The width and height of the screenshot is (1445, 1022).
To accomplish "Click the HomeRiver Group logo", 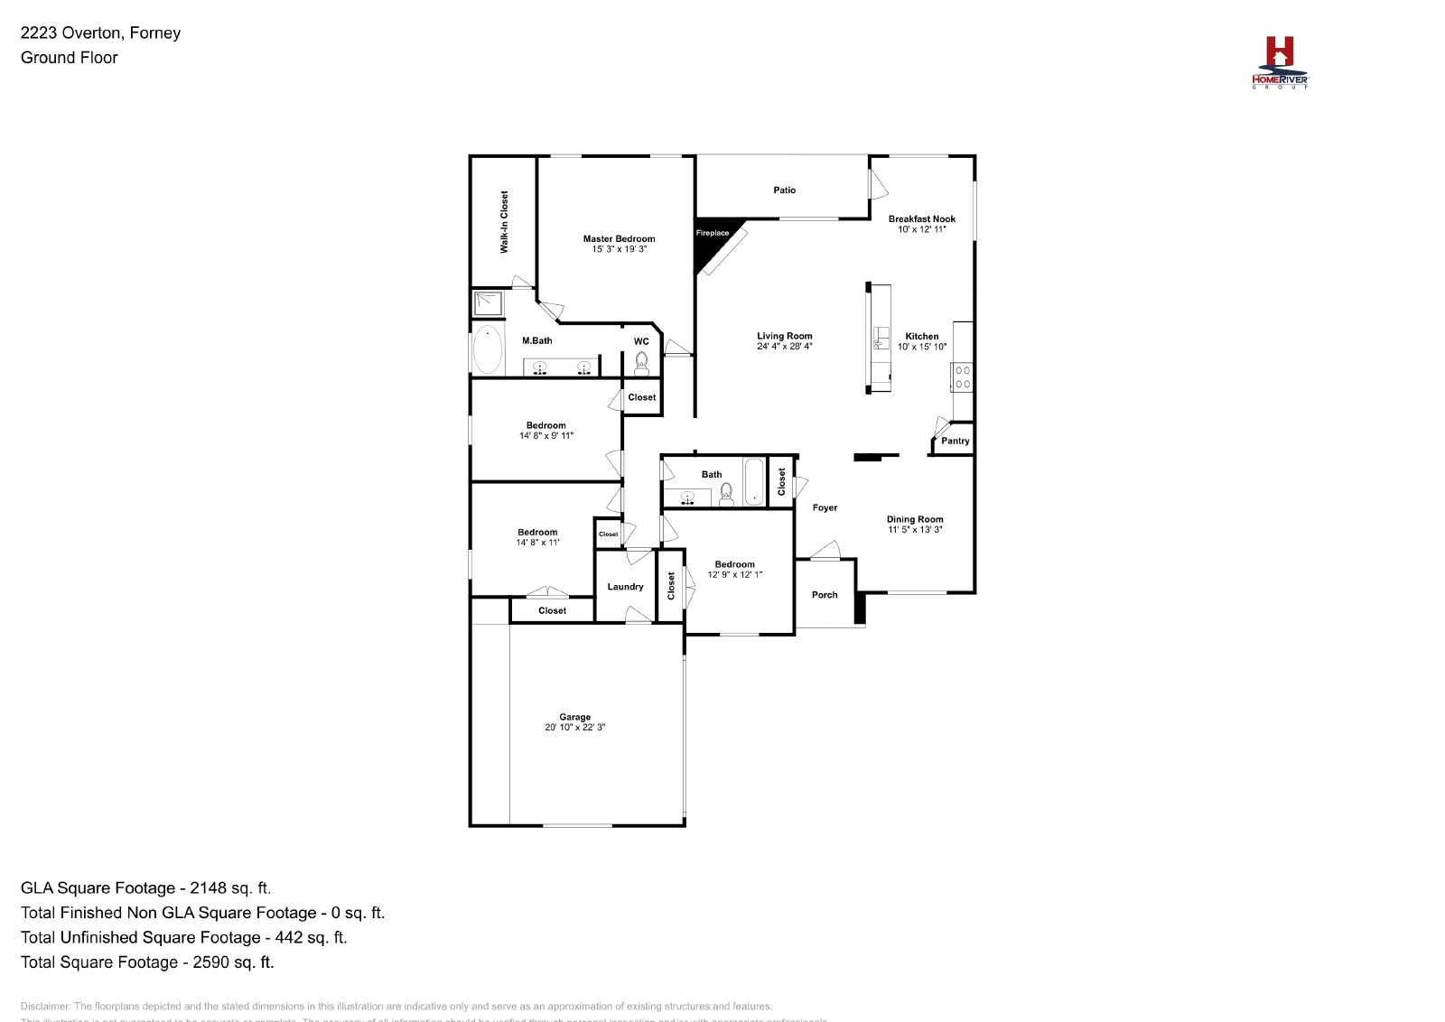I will [1280, 61].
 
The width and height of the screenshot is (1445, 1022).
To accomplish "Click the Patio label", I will [784, 190].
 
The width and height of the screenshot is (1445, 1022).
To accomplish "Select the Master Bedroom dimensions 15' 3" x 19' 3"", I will [619, 249].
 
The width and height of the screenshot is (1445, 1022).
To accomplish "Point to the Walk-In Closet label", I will [504, 221].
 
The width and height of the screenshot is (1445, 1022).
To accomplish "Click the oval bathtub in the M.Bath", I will [488, 349].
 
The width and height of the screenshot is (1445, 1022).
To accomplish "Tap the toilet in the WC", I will [641, 362].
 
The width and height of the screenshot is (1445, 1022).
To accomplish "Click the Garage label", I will [574, 717].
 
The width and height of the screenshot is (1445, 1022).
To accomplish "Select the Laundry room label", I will [625, 587].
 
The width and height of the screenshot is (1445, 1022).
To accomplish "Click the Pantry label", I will [955, 441].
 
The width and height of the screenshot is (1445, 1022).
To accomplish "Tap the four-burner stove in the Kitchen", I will [963, 377].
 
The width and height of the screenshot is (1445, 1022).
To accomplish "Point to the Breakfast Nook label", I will [921, 218].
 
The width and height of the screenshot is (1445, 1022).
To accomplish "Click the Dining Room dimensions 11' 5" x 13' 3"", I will [914, 530].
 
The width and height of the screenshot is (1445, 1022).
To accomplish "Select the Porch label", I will [824, 595].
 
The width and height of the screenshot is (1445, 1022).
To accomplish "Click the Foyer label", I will [825, 508].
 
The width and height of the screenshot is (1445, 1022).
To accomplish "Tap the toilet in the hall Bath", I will [726, 492].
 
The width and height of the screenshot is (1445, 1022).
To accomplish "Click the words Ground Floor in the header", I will [70, 58].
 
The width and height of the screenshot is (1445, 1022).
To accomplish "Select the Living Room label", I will [784, 336].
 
